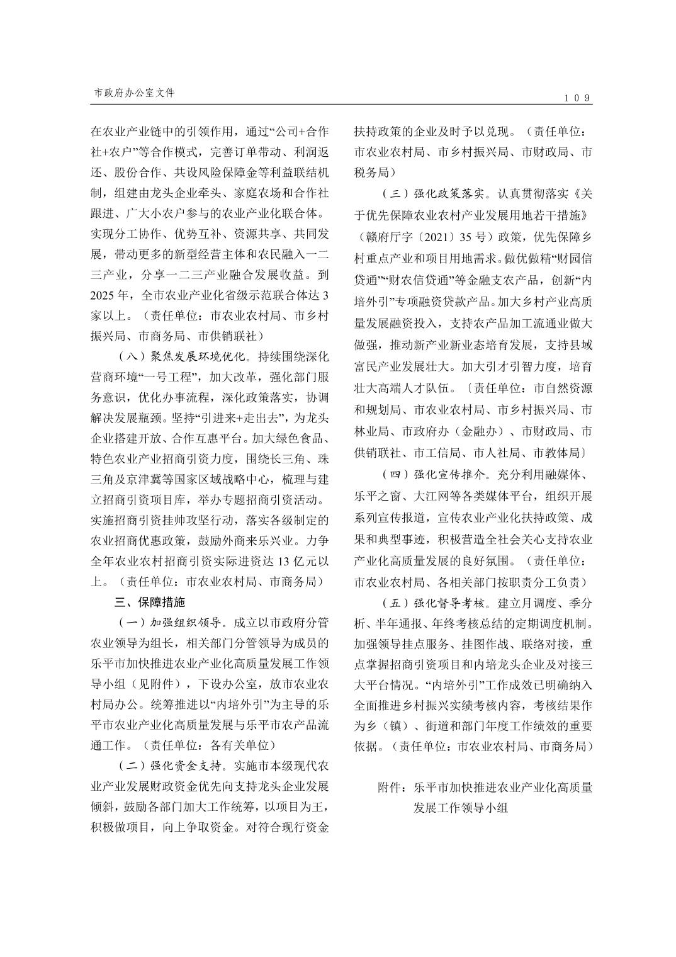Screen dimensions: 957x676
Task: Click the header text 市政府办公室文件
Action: click(x=133, y=93)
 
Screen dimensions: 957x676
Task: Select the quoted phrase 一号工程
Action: click(x=170, y=377)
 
